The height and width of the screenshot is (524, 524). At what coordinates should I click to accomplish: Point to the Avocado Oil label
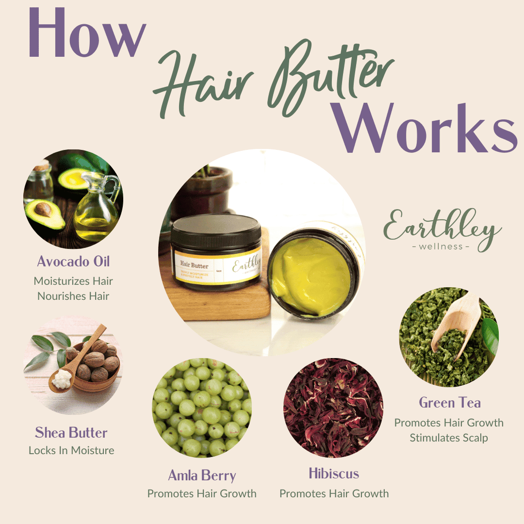point(73,262)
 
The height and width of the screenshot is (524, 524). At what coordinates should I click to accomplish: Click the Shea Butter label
point(71,432)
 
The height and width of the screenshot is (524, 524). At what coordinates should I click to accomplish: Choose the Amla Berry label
point(202,475)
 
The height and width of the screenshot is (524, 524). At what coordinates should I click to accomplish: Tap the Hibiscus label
point(334,473)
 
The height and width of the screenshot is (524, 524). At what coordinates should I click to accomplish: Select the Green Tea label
point(450,403)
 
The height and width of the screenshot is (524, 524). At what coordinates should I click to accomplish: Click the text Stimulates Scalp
point(449,438)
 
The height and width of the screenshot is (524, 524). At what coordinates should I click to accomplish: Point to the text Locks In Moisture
point(71,450)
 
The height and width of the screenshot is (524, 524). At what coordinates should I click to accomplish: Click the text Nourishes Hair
point(73,295)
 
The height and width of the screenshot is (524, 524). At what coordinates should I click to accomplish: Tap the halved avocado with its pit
point(45,214)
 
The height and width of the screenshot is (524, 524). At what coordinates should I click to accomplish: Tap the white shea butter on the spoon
point(62,379)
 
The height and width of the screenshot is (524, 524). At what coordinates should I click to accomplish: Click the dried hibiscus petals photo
point(333,408)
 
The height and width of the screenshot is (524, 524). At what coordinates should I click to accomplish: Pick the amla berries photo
point(202,408)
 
